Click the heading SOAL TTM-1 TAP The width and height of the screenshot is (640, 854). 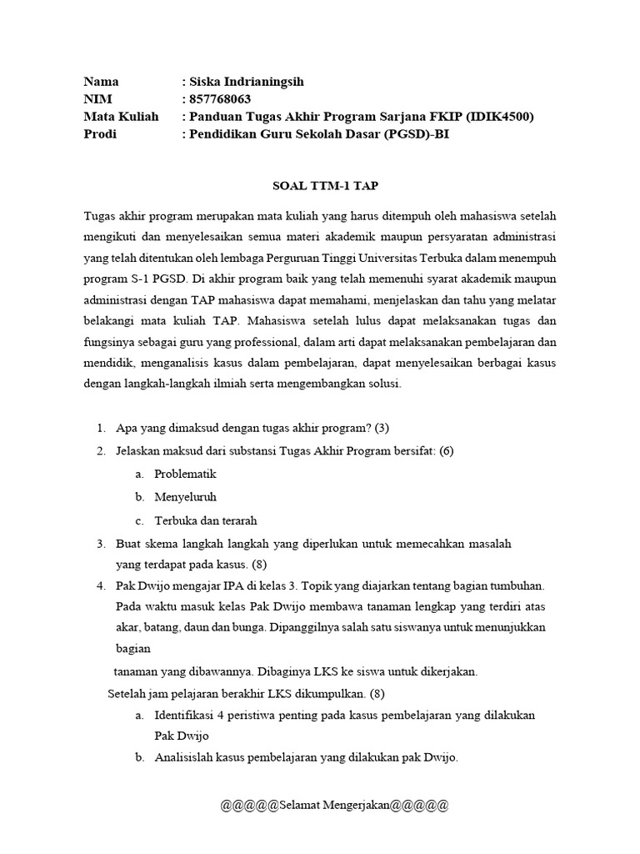(x=319, y=186)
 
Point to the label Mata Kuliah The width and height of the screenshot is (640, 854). (x=121, y=117)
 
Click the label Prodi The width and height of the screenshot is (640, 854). (x=100, y=134)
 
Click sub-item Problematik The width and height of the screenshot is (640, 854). (x=185, y=474)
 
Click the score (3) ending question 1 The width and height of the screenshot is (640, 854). (x=382, y=428)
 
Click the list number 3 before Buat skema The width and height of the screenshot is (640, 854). (x=100, y=544)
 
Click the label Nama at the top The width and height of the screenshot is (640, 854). (x=101, y=82)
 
